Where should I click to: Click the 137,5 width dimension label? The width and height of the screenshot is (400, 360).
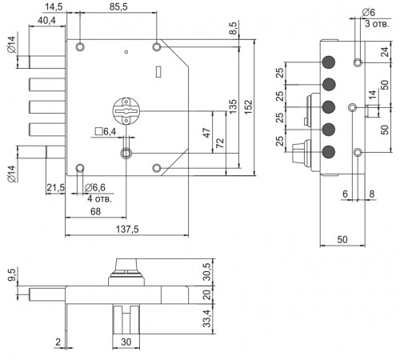[127, 229]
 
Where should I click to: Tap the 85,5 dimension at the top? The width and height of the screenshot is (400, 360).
[118, 6]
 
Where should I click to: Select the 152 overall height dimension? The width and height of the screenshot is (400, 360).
[248, 107]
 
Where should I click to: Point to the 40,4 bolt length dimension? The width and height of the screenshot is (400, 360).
[46, 20]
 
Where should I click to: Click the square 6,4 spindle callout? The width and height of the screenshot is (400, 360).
[106, 131]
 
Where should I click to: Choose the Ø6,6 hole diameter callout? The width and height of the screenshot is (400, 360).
[95, 188]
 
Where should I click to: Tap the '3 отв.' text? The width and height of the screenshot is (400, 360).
[377, 24]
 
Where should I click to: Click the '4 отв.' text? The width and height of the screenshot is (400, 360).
[99, 198]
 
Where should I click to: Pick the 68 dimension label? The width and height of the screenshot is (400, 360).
[95, 211]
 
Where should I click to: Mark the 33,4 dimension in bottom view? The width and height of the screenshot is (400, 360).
[206, 318]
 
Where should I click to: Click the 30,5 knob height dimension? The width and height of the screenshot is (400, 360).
[206, 272]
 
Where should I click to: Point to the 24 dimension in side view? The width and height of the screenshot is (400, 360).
[385, 52]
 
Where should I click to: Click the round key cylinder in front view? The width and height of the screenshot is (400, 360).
[126, 111]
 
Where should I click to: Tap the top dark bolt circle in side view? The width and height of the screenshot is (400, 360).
[329, 62]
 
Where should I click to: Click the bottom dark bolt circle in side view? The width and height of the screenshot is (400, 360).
[329, 152]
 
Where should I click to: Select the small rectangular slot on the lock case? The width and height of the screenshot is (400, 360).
[158, 72]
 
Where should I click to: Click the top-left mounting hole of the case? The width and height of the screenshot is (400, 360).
[80, 47]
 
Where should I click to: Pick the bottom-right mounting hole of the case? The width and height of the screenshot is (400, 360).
[157, 168]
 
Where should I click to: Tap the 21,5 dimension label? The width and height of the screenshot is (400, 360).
[55, 188]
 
